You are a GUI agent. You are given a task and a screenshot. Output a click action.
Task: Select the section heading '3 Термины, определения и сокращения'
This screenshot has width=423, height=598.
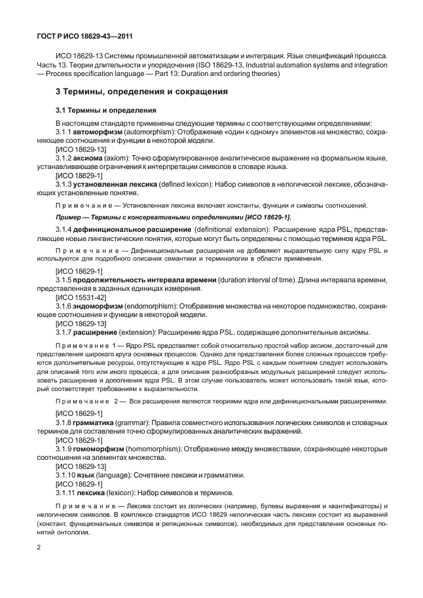pos(141,92)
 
